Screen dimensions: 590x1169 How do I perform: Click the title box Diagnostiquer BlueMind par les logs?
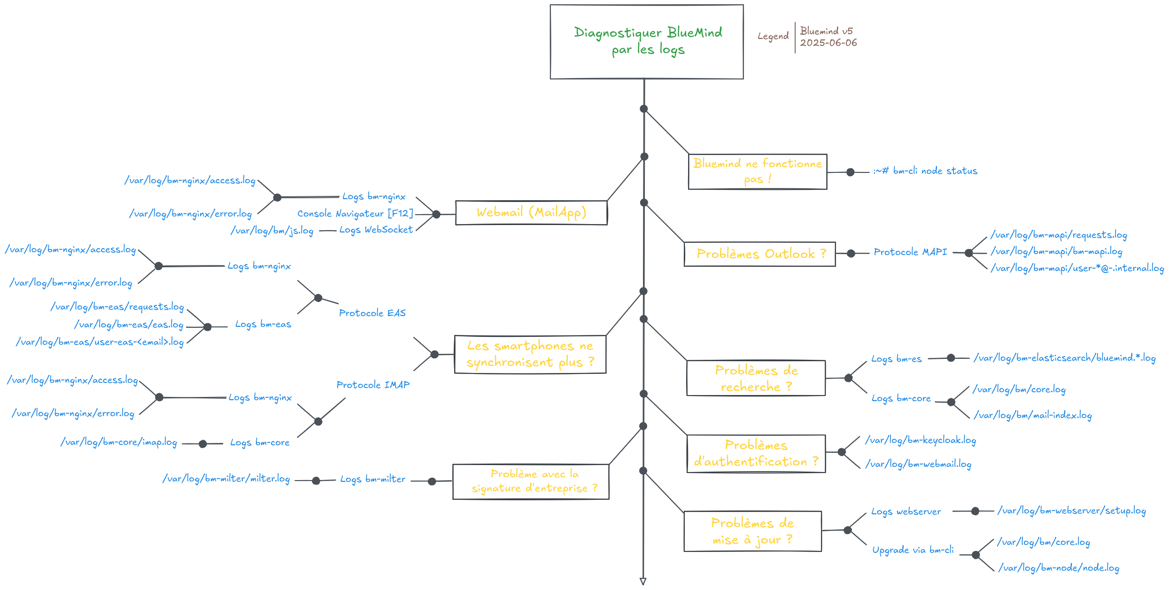[647, 42]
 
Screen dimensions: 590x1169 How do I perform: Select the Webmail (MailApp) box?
[531, 213]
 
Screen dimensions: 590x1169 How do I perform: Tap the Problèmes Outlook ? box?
[759, 254]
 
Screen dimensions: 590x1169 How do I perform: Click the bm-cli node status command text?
[925, 171]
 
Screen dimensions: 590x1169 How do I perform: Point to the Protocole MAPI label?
[910, 252]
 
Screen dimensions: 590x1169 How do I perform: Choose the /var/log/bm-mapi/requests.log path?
[1059, 235]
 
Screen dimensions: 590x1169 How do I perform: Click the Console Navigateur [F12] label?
[355, 214]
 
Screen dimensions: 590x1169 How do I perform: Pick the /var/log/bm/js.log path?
[272, 231]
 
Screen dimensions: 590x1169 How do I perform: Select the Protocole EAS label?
[372, 313]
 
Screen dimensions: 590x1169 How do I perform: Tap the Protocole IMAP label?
[373, 385]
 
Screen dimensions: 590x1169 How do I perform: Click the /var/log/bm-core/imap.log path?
[118, 442]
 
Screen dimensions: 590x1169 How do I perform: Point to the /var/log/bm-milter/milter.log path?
[226, 479]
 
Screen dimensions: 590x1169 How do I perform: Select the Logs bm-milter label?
[372, 480]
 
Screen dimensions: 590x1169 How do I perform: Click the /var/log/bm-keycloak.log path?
[921, 441]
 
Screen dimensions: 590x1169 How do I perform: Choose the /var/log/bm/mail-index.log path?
[1033, 416]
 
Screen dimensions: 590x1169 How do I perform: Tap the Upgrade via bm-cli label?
[913, 550]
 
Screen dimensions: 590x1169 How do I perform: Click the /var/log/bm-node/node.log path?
[1059, 568]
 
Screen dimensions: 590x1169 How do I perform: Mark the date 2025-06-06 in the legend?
[828, 43]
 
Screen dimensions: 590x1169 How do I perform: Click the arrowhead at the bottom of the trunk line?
[643, 581]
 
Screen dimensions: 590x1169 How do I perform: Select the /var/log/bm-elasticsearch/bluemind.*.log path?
[1064, 358]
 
